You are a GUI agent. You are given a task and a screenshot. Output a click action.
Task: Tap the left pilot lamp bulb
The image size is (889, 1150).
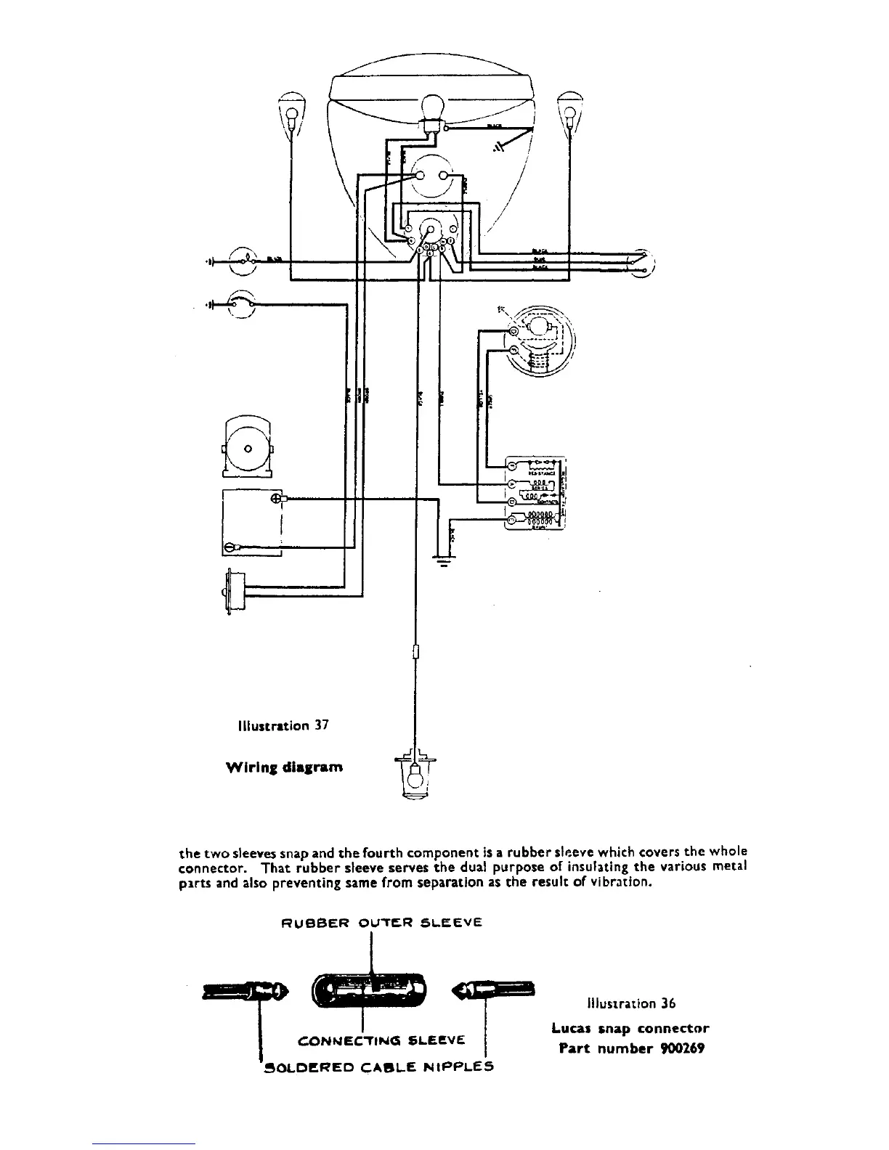coord(292,114)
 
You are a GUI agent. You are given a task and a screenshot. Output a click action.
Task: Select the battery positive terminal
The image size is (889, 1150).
coord(276,498)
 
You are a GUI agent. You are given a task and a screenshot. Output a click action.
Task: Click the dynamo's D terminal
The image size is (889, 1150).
coord(513,331)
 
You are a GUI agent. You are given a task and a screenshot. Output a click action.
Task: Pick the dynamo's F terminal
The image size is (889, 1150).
coord(513,351)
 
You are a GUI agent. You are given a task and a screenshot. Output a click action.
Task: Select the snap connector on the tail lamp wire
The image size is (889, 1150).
coord(415,650)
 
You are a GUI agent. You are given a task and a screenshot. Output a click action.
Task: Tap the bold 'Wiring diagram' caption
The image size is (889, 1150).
coord(284,767)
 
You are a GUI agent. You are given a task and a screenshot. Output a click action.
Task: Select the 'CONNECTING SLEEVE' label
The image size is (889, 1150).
coord(381,1042)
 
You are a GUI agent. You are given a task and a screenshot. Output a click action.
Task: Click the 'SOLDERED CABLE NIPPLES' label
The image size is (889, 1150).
coord(378,1067)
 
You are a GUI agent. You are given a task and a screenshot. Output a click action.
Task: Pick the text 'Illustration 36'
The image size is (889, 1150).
coord(630,1004)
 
